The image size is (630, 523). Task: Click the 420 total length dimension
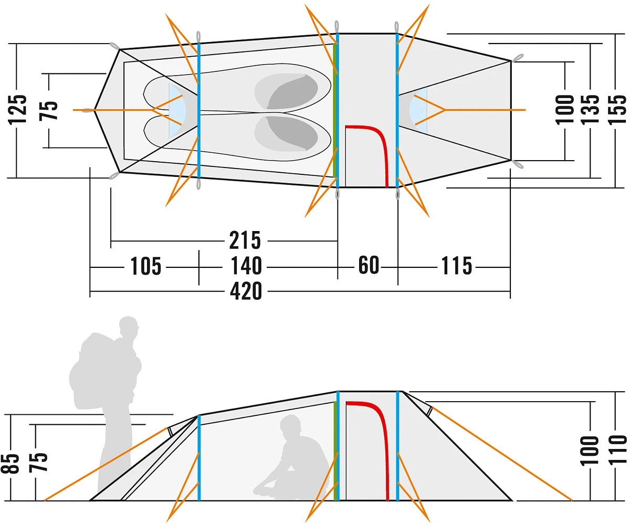[x=246, y=291]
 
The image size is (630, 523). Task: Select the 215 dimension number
[x=245, y=240]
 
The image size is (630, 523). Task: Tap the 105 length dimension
[x=145, y=266]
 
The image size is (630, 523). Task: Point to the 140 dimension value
[x=246, y=266]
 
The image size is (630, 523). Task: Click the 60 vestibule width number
[x=369, y=265]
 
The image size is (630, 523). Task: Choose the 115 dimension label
[x=456, y=266]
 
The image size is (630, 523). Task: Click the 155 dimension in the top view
[x=619, y=110]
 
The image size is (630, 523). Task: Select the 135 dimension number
[x=591, y=110]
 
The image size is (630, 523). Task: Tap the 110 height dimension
[x=619, y=451]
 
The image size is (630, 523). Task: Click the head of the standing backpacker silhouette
[x=129, y=328]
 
